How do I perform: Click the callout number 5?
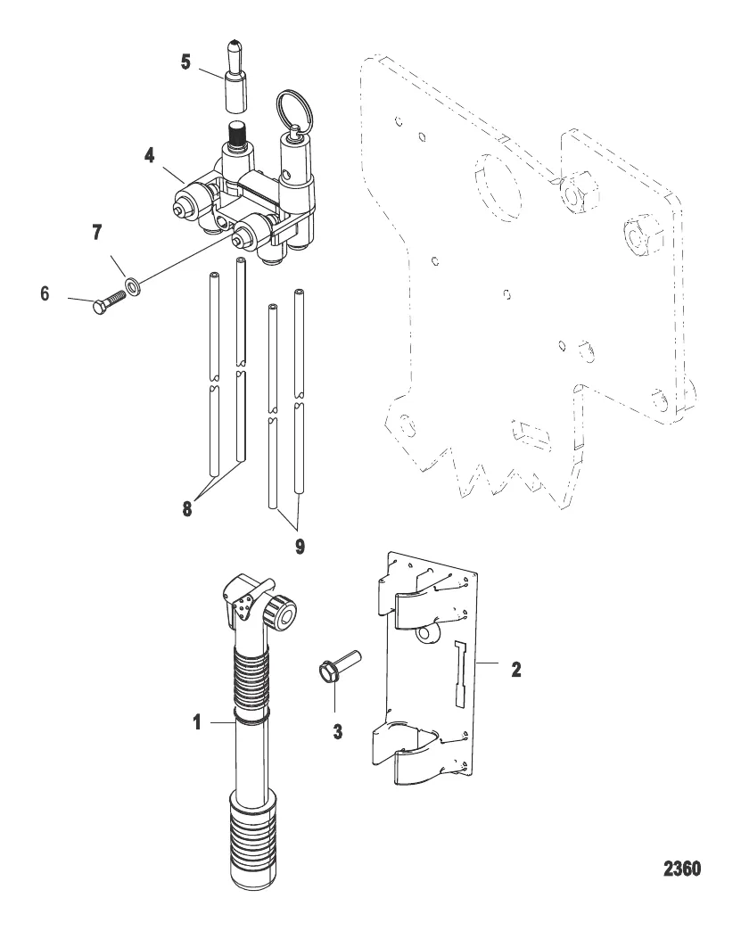185,64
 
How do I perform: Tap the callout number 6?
45,293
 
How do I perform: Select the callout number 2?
515,668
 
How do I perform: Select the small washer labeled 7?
133,284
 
